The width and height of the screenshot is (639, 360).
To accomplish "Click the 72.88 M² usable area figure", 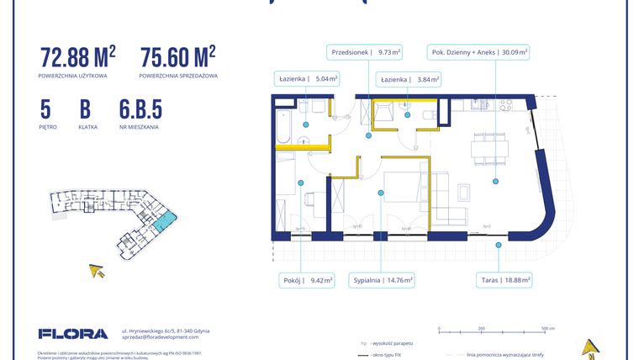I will point(77,57).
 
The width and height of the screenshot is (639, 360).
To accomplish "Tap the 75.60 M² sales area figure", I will point(177,57).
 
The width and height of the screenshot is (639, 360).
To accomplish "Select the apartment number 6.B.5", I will point(140,109).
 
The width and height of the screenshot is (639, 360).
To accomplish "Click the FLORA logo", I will point(73,334).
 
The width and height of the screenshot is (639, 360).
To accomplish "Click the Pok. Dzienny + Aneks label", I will point(478,51).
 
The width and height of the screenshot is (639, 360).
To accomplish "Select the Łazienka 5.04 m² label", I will point(308,79).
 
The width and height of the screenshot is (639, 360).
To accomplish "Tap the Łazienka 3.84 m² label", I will point(408,79).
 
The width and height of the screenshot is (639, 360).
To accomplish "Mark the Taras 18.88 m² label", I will point(499,281).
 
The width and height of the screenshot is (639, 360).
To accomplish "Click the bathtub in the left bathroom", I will point(283,126).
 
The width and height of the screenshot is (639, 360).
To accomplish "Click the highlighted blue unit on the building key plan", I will point(166,220).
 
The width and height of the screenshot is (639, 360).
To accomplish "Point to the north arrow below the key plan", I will point(98,271).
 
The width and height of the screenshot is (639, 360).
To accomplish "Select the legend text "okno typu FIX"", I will point(396,356).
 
